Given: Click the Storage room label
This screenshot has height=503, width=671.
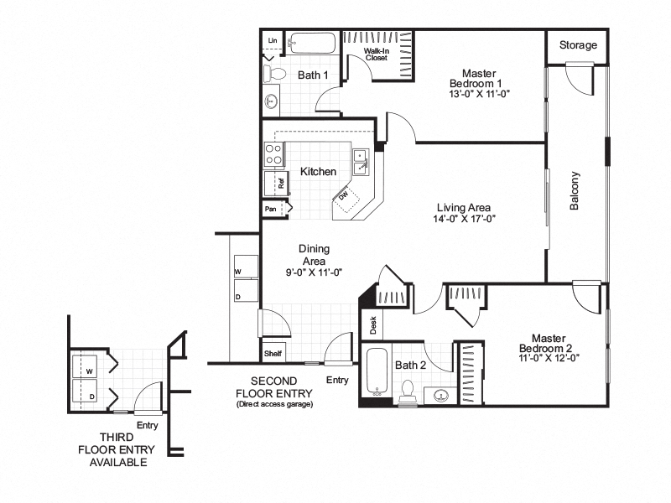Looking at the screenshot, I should (x=578, y=45).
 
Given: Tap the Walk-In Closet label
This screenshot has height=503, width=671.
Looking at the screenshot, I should (x=375, y=55).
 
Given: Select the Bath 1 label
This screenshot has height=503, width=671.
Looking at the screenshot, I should (x=313, y=75).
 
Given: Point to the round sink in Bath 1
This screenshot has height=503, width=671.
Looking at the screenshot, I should (x=273, y=102).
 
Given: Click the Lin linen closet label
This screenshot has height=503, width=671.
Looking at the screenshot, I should (x=272, y=40).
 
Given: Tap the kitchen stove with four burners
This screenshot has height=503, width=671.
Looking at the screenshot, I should (x=273, y=153).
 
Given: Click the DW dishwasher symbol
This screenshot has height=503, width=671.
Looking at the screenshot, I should (x=345, y=195).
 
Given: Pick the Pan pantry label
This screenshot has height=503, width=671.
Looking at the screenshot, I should (x=271, y=209).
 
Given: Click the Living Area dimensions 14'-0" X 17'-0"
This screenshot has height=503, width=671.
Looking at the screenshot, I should (x=464, y=220).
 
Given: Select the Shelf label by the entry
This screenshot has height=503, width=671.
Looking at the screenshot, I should (x=273, y=354).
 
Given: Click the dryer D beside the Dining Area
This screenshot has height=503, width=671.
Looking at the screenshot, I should (x=238, y=297).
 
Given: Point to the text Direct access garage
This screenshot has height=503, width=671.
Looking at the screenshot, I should (x=274, y=405).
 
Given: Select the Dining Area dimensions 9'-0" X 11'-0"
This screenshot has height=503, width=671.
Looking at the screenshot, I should (x=315, y=272).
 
